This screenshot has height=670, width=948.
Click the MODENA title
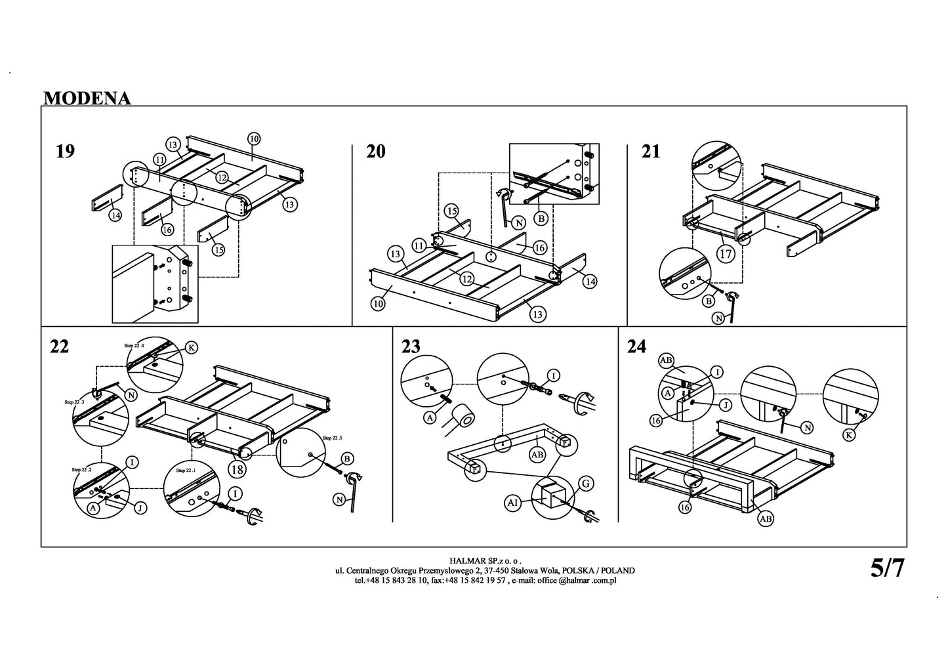coord(87,98)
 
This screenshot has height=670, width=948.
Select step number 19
coord(65,152)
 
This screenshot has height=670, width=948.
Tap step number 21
coord(651,152)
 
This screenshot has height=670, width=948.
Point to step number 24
coord(636,347)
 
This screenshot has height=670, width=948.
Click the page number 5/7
coord(887,568)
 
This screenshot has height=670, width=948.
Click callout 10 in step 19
coord(254,138)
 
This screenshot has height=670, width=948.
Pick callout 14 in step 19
coord(115,215)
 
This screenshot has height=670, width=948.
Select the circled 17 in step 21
coord(725,254)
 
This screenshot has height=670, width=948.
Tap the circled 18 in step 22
coord(237,469)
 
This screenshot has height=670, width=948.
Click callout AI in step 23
coord(514,503)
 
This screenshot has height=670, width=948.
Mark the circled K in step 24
coord(850,434)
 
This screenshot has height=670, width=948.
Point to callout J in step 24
coord(726,406)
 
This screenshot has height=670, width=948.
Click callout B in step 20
coord(541,217)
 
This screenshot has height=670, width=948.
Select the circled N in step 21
coord(720,319)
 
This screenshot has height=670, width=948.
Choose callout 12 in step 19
coord(221,178)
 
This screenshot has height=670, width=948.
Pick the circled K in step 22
coord(191,348)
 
